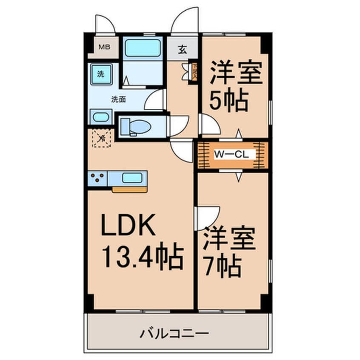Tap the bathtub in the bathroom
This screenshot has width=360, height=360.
point(143,48)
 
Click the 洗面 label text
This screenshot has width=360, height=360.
point(118,100)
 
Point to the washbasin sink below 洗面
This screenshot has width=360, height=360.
point(100,117)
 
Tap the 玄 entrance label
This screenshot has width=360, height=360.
point(182,49)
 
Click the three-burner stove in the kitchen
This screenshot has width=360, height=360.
point(98,177)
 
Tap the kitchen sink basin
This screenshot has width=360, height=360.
point(131,177)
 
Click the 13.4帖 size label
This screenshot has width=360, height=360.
point(142,255)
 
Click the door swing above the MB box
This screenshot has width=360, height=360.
point(105,25)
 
